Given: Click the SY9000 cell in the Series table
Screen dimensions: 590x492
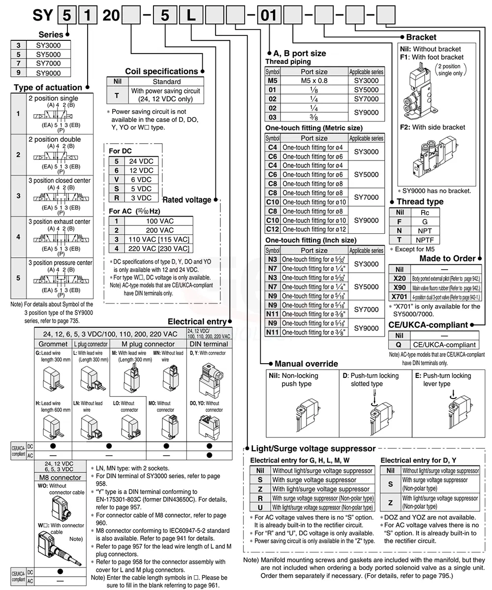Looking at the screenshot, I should [48, 73].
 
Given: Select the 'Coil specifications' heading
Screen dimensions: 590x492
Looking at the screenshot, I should [161, 71].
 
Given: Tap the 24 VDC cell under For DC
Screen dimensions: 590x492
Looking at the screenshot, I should [141, 161].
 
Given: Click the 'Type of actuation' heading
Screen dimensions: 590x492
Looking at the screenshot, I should [48, 88].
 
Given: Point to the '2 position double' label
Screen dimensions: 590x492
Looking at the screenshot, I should [54, 139].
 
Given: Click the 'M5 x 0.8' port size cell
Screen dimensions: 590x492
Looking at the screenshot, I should [314, 81].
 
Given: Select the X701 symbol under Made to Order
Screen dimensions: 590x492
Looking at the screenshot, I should [400, 297].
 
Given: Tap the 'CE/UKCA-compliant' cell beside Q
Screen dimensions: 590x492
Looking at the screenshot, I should [444, 344].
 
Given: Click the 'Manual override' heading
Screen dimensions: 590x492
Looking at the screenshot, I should [306, 364].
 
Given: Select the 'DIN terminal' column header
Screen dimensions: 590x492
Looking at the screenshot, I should [209, 344].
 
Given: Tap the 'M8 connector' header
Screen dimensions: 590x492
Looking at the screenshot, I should [60, 477].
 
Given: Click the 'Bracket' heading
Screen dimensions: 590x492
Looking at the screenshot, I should [421, 37].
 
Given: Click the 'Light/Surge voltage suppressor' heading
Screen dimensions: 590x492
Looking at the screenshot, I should [313, 449].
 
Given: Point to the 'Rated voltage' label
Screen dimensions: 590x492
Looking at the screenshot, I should [186, 200].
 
